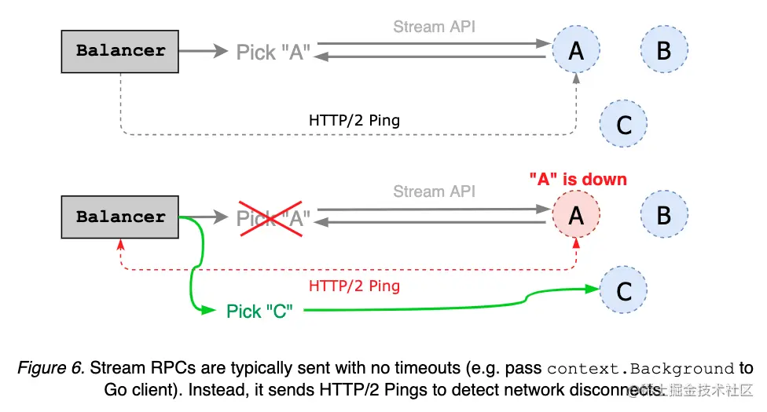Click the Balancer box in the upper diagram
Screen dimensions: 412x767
(x=120, y=51)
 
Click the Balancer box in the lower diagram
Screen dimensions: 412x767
(x=120, y=217)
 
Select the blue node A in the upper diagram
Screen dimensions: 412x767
(x=576, y=51)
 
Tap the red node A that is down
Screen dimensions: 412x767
(x=576, y=216)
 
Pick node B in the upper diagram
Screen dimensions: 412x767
(x=664, y=51)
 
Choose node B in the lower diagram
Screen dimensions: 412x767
(x=664, y=216)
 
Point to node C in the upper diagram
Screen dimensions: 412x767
(x=624, y=124)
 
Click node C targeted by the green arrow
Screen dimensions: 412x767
(x=624, y=291)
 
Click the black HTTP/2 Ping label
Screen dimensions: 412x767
(x=354, y=121)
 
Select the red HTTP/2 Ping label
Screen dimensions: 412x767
(x=354, y=286)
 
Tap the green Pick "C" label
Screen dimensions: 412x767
(x=259, y=312)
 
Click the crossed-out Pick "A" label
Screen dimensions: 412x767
(x=273, y=217)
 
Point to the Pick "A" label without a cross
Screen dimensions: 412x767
(x=273, y=52)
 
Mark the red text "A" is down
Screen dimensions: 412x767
(x=578, y=179)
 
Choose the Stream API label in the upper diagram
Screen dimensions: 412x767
(x=434, y=27)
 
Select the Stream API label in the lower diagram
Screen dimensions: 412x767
(x=434, y=191)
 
